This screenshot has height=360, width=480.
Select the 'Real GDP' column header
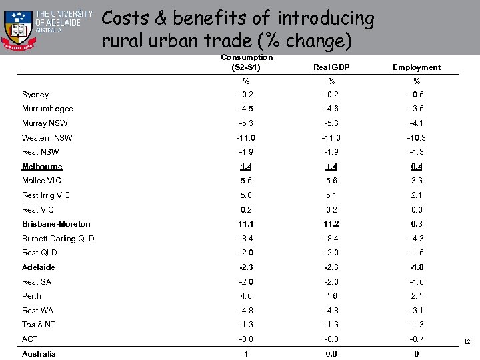[331, 67]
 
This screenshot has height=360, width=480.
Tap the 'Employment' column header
[417, 67]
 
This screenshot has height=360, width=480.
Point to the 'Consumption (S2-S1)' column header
[246, 63]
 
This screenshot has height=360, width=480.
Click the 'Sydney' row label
[35, 95]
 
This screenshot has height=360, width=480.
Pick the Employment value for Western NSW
[417, 138]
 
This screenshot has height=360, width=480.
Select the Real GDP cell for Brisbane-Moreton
[331, 224]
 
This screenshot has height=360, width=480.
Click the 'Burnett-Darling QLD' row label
[58, 239]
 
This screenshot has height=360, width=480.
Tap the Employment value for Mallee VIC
[417, 181]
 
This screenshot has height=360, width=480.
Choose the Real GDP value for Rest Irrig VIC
[331, 195]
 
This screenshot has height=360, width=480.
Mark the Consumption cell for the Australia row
[246, 354]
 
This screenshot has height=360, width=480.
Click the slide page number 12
[467, 342]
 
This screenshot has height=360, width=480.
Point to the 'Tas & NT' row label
[39, 325]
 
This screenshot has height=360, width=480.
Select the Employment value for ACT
[417, 339]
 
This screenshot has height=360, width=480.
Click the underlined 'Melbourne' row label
[42, 167]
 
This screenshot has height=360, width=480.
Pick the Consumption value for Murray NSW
[246, 123]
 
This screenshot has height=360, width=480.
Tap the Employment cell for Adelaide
[417, 267]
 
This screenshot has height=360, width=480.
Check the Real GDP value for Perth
[331, 296]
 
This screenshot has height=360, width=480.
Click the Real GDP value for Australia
[331, 354]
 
